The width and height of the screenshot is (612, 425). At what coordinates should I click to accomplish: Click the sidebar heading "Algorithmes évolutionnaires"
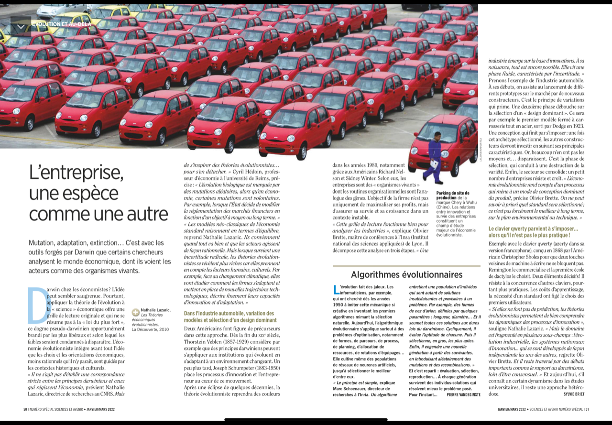click(x=406, y=274)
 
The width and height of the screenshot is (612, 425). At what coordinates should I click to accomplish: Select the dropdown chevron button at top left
click(x=21, y=27)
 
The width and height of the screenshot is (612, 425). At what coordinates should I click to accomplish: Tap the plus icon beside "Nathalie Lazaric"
click(x=136, y=311)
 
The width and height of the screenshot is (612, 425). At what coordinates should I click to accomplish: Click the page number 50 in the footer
click(x=25, y=409)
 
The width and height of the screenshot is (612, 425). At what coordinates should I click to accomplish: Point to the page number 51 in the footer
click(x=587, y=409)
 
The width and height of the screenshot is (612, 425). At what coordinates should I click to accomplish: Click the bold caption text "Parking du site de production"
click(x=453, y=195)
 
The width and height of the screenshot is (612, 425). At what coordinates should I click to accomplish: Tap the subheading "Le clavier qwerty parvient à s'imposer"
click(x=533, y=229)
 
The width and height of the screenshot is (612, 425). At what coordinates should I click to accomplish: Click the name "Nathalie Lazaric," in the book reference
click(x=155, y=310)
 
